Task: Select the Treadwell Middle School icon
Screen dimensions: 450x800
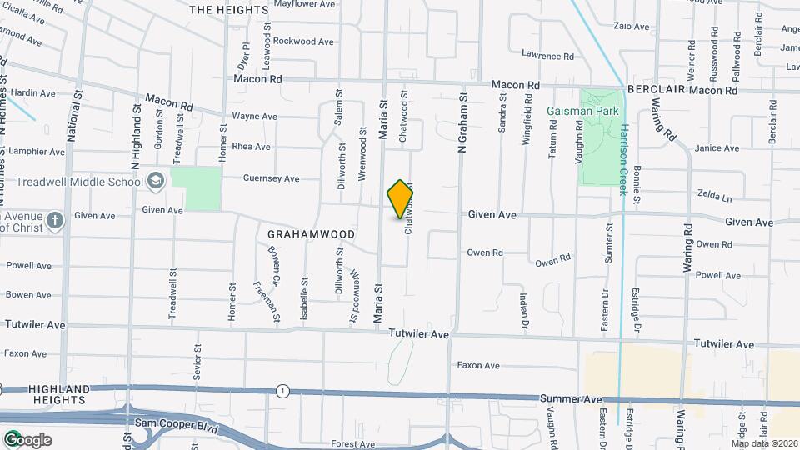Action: (x=156, y=181)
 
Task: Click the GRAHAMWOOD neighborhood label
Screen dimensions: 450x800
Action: (x=312, y=234)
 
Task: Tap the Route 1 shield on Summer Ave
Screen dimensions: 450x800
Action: (x=283, y=391)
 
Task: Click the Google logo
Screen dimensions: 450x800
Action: (x=27, y=440)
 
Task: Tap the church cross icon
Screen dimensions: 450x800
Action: (x=55, y=221)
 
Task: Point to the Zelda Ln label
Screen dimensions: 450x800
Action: (x=715, y=198)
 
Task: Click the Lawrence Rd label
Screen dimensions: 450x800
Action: (x=548, y=56)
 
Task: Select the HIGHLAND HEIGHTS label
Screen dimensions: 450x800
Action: (x=58, y=395)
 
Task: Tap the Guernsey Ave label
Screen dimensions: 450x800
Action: (x=271, y=178)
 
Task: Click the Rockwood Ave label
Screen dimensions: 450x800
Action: (x=303, y=41)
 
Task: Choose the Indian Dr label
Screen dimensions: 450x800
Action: (x=524, y=308)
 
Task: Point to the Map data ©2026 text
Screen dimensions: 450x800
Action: (x=764, y=443)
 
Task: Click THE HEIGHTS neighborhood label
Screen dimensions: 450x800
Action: (x=229, y=10)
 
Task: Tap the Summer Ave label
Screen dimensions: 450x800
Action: (x=571, y=400)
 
